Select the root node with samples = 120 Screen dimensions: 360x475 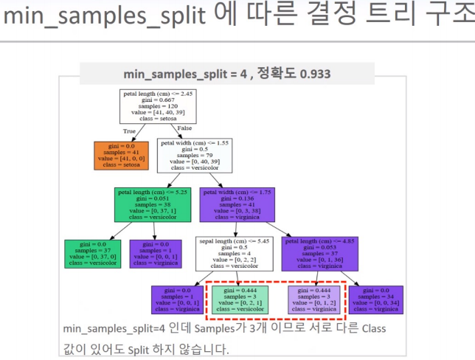(x=158, y=106)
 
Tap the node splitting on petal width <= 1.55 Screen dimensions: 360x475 (x=195, y=156)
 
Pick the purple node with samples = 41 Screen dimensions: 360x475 (x=237, y=204)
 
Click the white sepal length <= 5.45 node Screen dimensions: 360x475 (x=235, y=254)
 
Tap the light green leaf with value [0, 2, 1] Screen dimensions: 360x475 (x=239, y=300)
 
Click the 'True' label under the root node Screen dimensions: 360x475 (x=129, y=131)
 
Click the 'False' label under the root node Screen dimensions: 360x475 (x=184, y=128)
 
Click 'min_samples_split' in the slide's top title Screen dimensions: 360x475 (x=104, y=15)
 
